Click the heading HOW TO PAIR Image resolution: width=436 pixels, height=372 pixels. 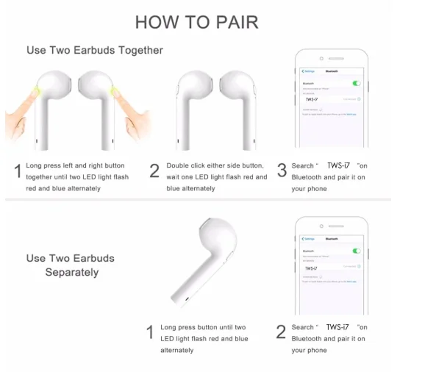click(x=197, y=22)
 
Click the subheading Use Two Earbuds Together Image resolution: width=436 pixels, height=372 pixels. click(x=95, y=50)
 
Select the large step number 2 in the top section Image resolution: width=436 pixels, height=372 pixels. click(x=154, y=171)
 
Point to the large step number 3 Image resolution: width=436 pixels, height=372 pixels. click(x=282, y=171)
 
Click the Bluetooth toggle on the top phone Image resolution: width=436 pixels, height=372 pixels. click(x=357, y=84)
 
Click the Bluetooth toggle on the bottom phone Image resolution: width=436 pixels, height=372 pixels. click(x=357, y=251)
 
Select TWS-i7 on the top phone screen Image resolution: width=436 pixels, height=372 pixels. click(x=312, y=99)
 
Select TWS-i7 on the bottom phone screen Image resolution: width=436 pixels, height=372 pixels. click(x=312, y=268)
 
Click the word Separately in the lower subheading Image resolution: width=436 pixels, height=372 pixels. click(x=72, y=272)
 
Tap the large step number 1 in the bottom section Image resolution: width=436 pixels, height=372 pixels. click(x=150, y=332)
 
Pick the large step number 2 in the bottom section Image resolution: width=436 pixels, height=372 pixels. click(x=281, y=332)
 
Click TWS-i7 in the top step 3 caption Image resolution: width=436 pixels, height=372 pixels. click(x=339, y=165)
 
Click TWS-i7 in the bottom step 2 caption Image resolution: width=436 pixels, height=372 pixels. click(x=338, y=327)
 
